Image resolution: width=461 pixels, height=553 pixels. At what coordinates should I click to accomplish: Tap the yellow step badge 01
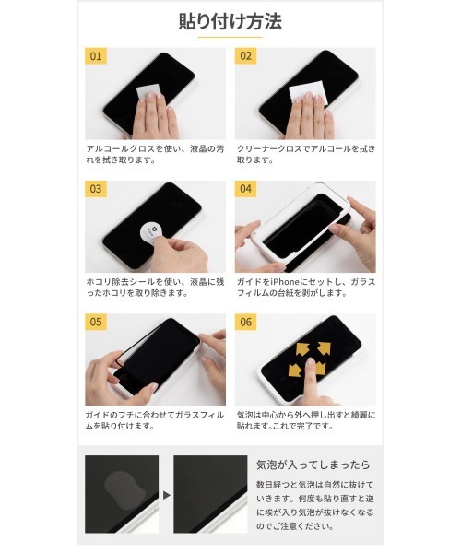pos(96,56)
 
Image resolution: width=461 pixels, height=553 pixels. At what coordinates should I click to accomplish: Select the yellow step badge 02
pos(246,56)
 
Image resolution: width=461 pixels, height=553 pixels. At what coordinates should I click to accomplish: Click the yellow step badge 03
pos(96,189)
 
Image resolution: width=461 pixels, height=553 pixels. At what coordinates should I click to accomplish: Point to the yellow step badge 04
pos(246,189)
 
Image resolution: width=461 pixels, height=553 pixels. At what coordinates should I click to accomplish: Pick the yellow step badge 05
pos(96,322)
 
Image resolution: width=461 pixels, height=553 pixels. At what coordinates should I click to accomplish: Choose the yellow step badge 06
pos(246,322)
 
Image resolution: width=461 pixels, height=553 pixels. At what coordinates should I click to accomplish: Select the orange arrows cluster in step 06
pos(310,357)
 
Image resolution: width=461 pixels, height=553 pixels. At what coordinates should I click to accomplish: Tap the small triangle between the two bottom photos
pos(167,494)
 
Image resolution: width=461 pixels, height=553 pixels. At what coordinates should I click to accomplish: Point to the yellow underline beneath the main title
pos(230,38)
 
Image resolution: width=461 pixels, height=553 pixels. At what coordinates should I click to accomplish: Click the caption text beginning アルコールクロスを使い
pos(153,153)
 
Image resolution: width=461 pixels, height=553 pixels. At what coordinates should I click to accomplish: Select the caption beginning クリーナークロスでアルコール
pos(304,153)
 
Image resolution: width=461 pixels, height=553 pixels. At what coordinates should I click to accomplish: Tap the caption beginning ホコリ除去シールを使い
pos(153,287)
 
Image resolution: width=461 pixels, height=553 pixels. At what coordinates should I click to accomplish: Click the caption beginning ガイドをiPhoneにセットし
pos(304,287)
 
